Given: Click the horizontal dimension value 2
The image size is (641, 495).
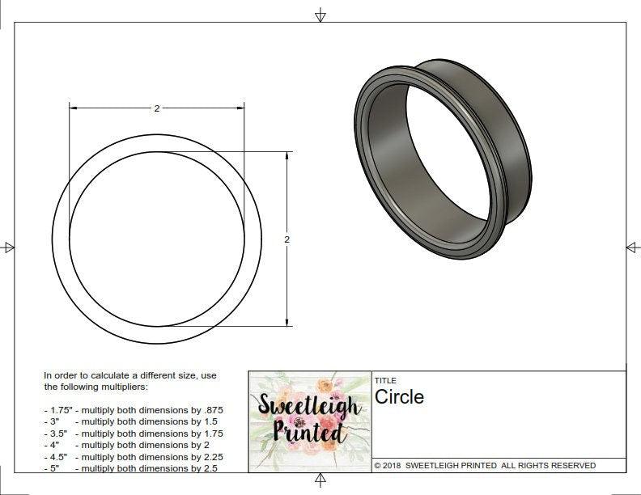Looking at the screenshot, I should [157, 109].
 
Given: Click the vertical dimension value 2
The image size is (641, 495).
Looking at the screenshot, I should [287, 239].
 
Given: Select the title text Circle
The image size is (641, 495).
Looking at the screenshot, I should [399, 397].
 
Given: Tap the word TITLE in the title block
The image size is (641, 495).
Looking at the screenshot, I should [384, 381].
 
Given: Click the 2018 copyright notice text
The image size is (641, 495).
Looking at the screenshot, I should [485, 466].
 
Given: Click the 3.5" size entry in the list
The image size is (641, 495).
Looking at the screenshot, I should [54, 434].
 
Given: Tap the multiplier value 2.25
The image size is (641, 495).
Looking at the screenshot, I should [212, 457].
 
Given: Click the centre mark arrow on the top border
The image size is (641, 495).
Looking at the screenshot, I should [320, 15].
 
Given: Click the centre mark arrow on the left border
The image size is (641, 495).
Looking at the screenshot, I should [9, 247].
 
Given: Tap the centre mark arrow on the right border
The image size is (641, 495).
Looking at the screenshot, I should [633, 247].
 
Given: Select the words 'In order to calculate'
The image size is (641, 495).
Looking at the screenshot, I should [89, 375].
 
